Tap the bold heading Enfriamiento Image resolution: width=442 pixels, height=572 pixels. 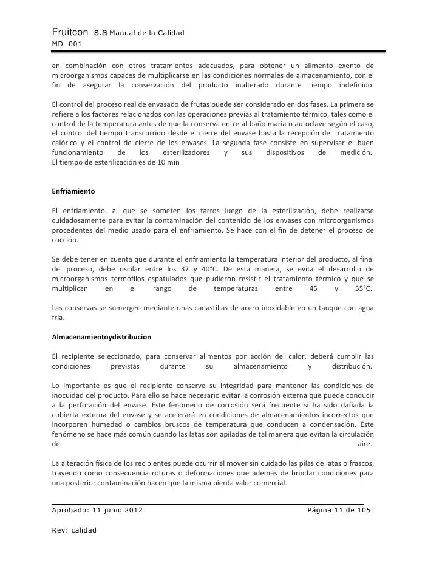click(73, 191)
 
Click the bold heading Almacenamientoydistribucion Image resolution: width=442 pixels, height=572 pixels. click(102, 336)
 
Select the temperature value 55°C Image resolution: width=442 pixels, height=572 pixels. click(362, 288)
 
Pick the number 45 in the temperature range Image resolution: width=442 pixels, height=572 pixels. click(313, 288)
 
